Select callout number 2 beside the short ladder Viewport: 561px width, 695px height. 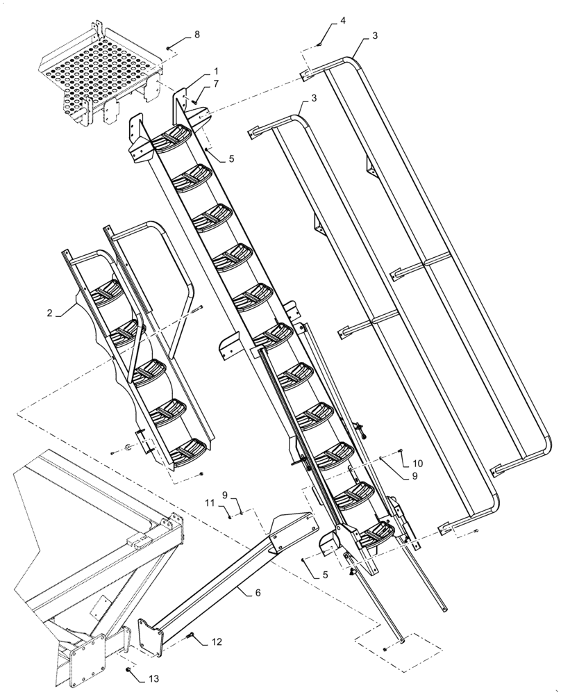click(x=50, y=313)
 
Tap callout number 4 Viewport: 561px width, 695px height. click(x=342, y=22)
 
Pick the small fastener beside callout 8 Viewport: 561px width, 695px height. click(x=169, y=48)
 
